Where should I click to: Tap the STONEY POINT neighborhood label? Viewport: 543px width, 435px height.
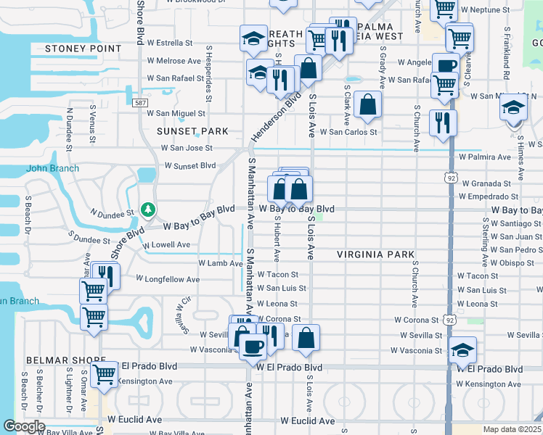coord(83,49)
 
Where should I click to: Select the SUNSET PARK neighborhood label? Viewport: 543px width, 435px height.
coord(192,131)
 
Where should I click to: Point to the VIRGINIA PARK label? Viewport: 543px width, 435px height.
coord(375,255)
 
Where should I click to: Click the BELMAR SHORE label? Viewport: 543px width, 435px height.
coord(56,360)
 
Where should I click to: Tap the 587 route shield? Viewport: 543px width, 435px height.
coord(140,103)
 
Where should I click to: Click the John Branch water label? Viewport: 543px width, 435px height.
coord(52,169)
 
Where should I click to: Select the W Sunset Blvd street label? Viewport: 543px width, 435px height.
coord(190,165)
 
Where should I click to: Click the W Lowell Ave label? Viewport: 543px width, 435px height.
coord(166,245)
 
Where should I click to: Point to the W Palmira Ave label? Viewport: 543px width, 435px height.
coord(485,157)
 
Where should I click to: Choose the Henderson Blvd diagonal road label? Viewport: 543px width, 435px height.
coord(277,117)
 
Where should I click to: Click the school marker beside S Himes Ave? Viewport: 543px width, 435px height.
coord(514,109)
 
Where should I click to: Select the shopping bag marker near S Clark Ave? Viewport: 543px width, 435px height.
coord(368,104)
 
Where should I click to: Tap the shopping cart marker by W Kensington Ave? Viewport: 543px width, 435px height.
coord(105,373)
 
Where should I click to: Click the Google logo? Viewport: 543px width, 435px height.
coord(24,426)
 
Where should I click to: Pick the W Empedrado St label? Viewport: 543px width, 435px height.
coord(489,196)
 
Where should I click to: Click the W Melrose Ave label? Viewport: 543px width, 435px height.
coord(173,61)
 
